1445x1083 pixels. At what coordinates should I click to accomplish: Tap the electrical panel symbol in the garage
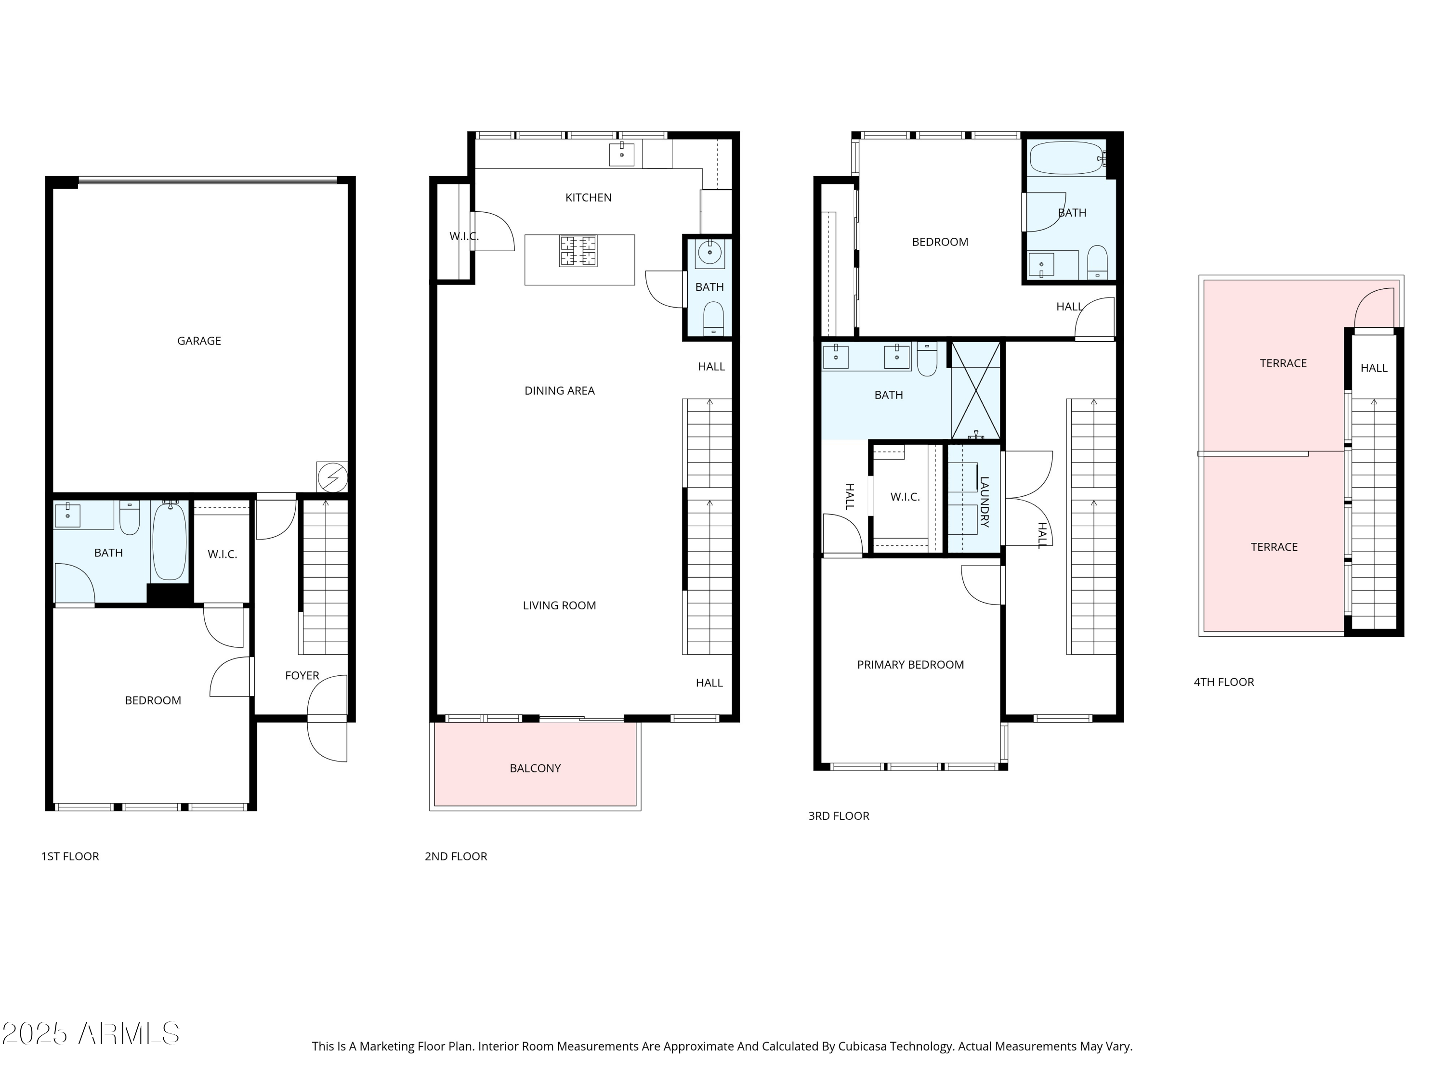(332, 477)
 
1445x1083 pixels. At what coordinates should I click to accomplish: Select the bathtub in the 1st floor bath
(169, 541)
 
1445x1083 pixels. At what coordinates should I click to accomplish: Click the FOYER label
(302, 676)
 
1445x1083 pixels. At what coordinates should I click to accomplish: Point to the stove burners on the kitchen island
(578, 251)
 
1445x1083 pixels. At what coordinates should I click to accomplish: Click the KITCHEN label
(588, 198)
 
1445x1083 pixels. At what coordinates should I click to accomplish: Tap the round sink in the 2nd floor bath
(709, 252)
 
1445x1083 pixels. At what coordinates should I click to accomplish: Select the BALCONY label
(535, 768)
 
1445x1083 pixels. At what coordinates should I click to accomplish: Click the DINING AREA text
(559, 391)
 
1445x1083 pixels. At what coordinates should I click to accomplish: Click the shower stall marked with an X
(975, 390)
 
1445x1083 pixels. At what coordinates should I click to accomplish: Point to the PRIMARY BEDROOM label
(910, 665)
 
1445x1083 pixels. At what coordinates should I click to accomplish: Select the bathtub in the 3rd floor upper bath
(1065, 158)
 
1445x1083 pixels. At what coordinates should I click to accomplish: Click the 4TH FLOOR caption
(1223, 682)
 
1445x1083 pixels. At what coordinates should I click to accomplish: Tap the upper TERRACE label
(1283, 363)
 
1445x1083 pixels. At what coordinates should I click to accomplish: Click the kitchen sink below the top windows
(621, 155)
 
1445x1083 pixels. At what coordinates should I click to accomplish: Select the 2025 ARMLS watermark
(91, 1033)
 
